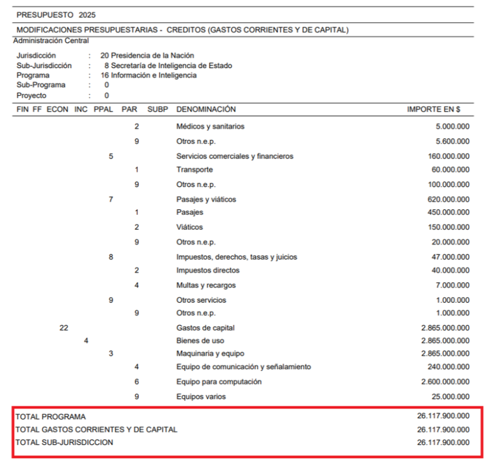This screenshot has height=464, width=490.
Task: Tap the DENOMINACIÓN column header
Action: (206, 109)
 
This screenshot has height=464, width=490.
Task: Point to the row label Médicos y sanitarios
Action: (210, 126)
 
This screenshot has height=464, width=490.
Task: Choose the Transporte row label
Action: (194, 170)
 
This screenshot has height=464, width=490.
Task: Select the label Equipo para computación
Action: (219, 381)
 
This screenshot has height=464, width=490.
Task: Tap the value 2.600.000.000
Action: (445, 381)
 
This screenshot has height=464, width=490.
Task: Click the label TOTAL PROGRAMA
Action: (50, 417)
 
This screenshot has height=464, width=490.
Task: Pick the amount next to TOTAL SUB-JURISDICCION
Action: (443, 442)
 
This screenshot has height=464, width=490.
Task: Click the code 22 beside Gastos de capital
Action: (64, 328)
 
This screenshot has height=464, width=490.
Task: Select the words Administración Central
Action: (51, 41)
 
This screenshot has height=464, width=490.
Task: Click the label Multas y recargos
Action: (206, 285)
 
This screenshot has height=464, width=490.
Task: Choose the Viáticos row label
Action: (189, 227)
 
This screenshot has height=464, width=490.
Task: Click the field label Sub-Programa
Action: (41, 85)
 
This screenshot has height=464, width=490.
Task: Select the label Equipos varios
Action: (201, 396)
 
